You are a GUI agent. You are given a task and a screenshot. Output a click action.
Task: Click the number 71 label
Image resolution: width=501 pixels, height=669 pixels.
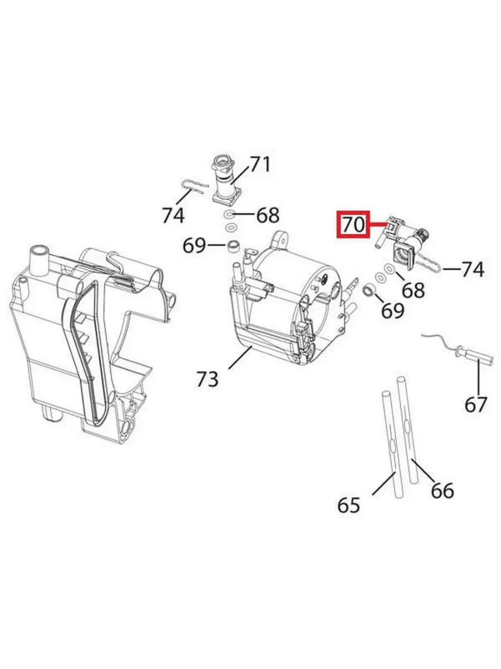(x=260, y=164)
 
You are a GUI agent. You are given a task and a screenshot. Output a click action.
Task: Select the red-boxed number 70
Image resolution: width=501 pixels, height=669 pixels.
(x=353, y=225)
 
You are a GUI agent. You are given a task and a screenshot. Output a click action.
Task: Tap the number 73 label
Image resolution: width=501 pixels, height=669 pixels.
(x=208, y=379)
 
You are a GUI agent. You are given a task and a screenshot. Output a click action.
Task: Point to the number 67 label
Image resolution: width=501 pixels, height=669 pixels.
(x=476, y=404)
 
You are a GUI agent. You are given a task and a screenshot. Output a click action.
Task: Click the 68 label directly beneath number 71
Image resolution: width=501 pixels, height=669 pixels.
(x=268, y=216)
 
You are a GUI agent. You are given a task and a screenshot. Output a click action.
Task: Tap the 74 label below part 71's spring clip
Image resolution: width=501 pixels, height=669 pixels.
(x=173, y=215)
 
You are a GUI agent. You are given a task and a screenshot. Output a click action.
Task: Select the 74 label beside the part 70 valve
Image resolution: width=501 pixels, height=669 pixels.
(x=473, y=270)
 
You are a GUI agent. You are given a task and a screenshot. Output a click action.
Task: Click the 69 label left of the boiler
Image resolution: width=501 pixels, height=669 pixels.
(x=194, y=245)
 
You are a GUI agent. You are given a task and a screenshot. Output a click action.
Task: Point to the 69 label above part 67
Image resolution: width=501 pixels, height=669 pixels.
(x=392, y=310)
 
